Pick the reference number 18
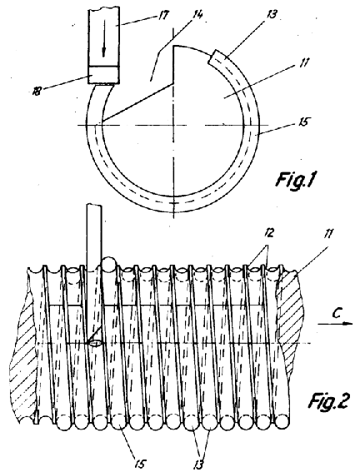[x=37, y=90]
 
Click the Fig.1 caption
[x=295, y=180]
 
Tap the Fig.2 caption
[x=328, y=402]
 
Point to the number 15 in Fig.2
[x=140, y=464]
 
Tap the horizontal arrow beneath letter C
[x=335, y=324]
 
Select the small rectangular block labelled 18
[x=103, y=75]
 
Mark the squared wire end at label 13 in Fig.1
[x=213, y=57]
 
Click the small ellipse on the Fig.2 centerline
[x=96, y=344]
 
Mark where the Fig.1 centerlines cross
[x=174, y=125]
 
